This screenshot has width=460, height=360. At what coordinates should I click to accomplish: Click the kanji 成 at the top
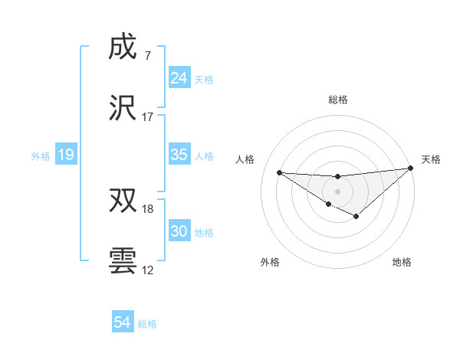(x=123, y=47)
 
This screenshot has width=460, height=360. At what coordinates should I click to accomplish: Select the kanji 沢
(x=123, y=108)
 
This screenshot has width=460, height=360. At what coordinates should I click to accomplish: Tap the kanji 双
(x=123, y=201)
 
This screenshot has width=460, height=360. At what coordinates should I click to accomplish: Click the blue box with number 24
(x=179, y=78)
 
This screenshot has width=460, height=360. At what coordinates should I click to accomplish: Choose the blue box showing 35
(x=179, y=155)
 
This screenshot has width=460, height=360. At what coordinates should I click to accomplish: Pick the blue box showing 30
(x=179, y=231)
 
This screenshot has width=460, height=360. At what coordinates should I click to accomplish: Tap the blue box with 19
(x=66, y=155)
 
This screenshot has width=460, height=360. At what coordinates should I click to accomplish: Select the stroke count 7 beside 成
(x=147, y=57)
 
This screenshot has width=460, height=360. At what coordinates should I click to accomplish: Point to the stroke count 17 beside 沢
(x=148, y=117)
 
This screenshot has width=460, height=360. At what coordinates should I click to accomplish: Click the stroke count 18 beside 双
(x=148, y=209)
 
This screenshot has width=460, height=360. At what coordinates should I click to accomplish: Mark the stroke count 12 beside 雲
(x=148, y=270)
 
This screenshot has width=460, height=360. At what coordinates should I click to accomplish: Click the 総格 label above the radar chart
(x=338, y=100)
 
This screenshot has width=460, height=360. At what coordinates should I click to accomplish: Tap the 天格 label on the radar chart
(x=432, y=159)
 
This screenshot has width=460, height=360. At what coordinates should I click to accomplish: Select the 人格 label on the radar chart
(x=245, y=159)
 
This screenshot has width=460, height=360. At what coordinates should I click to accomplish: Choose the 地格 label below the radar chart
(x=402, y=262)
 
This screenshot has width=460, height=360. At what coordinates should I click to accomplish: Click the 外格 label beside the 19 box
(x=41, y=155)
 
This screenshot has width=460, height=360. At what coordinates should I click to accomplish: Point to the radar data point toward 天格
(x=411, y=168)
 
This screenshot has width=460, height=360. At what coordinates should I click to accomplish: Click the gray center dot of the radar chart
(x=337, y=190)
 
